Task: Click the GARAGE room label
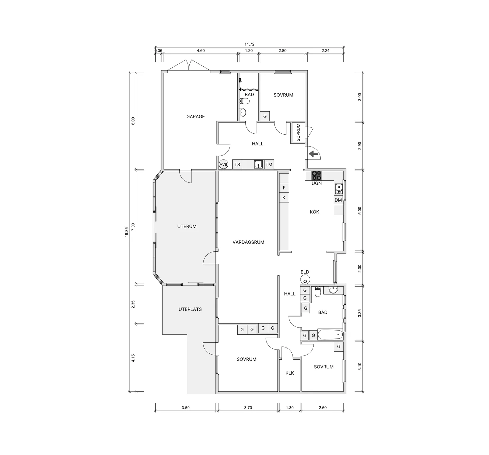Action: coord(196,116)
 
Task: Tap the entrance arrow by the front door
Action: coord(313,154)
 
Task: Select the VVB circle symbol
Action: coord(223,164)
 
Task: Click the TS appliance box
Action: coord(237,164)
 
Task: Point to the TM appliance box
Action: coord(269,164)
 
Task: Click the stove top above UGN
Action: coord(316,175)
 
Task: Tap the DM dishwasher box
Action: coord(338,200)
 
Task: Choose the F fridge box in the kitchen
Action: coord(284,188)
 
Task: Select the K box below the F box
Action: coord(284,197)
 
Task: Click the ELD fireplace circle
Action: coord(305,279)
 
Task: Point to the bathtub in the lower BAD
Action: coord(330,335)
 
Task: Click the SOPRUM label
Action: coord(298,132)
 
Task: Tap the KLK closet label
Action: coord(290,373)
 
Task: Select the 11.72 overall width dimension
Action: coord(250,44)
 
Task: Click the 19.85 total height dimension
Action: coord(127,232)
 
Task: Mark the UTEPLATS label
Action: coord(190,309)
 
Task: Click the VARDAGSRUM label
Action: coord(248,242)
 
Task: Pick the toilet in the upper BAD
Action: coord(245,101)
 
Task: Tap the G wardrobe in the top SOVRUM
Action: coord(265,116)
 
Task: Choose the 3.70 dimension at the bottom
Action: coord(248,408)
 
